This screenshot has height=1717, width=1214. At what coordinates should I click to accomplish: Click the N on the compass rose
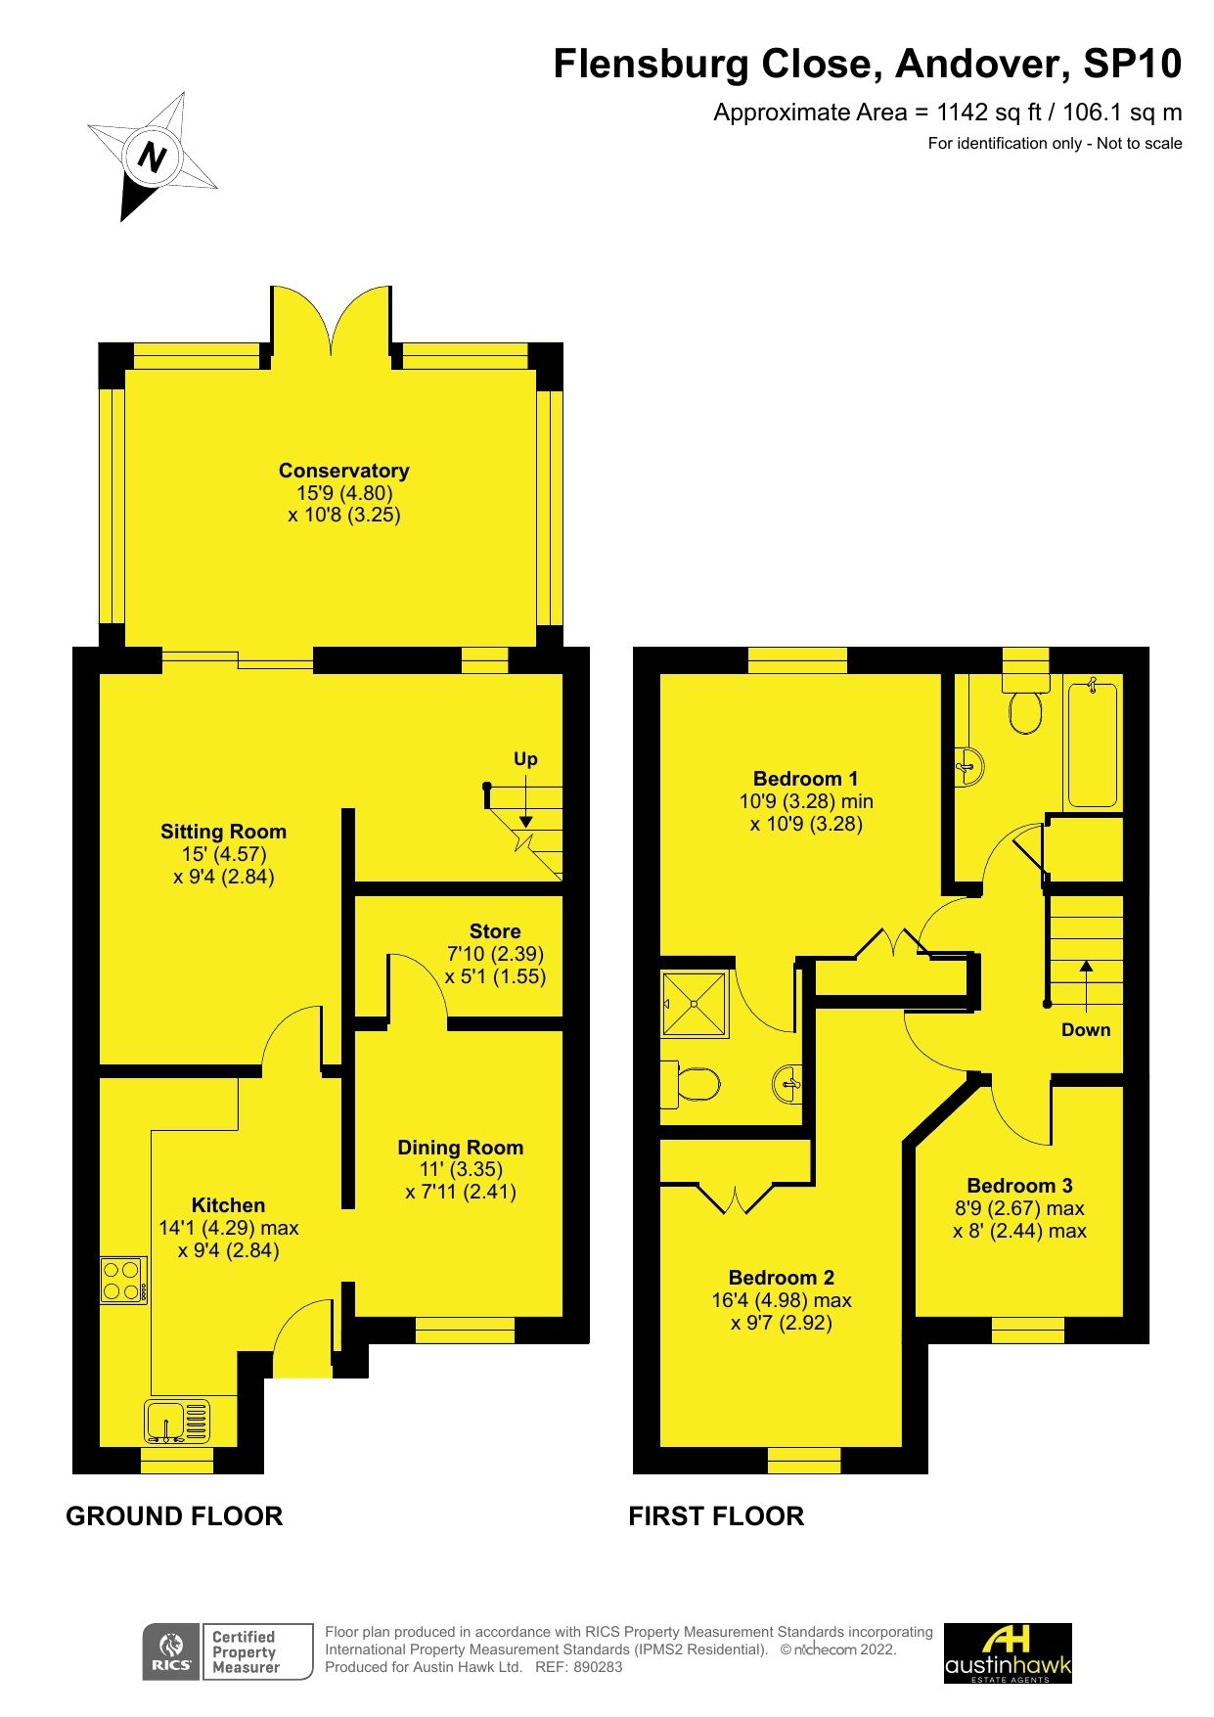pyautogui.click(x=152, y=157)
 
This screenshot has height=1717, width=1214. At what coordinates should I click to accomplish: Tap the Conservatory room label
pyautogui.click(x=343, y=471)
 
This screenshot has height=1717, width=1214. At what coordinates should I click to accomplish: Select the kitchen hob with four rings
pyautogui.click(x=123, y=1280)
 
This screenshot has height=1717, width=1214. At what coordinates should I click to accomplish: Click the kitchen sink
pyautogui.click(x=177, y=1422)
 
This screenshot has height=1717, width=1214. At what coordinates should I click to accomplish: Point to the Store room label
pyautogui.click(x=495, y=931)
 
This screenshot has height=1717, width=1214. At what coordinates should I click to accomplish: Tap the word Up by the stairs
pyautogui.click(x=525, y=759)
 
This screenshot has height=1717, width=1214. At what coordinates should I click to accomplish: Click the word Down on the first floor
pyautogui.click(x=1086, y=1029)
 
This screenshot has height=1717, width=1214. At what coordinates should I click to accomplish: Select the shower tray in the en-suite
pyautogui.click(x=696, y=1004)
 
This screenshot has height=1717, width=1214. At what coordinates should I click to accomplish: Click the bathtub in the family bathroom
pyautogui.click(x=1092, y=745)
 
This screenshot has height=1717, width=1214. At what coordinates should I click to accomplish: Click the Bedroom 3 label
pyautogui.click(x=1019, y=1186)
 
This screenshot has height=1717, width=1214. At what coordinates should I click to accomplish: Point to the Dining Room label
pyautogui.click(x=460, y=1148)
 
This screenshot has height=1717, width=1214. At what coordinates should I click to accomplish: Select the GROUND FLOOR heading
pyautogui.click(x=174, y=1516)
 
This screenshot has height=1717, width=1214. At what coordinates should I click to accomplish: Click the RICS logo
pyautogui.click(x=171, y=1652)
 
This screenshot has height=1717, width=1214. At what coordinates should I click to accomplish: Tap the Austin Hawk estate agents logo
pyautogui.click(x=1008, y=1653)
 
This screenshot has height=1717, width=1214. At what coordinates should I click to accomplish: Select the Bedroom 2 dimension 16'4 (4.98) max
pyautogui.click(x=781, y=1300)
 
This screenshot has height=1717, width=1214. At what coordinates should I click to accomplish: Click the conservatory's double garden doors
pyautogui.click(x=332, y=321)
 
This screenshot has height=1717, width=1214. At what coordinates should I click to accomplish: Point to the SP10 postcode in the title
pyautogui.click(x=1132, y=65)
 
